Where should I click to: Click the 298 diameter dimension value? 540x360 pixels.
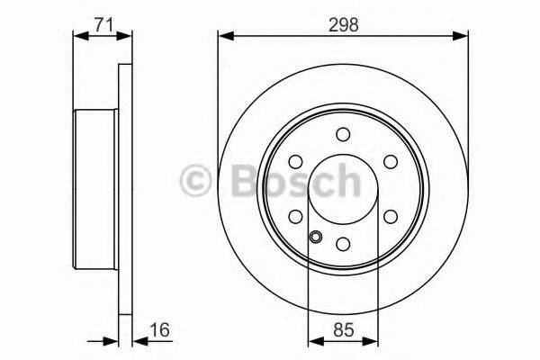(343, 25)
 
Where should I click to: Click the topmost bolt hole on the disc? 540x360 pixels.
(343, 134)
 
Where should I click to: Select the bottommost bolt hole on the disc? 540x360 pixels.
(343, 243)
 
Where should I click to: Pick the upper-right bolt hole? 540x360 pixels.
(390, 161)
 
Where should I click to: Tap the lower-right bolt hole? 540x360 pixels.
(390, 216)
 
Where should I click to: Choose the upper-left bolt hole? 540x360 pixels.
(296, 161)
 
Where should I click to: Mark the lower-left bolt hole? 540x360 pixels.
(296, 216)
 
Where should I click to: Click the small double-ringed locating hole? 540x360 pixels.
(316, 238)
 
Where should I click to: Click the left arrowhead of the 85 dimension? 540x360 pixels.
(313, 341)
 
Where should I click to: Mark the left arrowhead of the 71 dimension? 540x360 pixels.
(76, 37)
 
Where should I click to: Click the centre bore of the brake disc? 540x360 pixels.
(343, 189)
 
